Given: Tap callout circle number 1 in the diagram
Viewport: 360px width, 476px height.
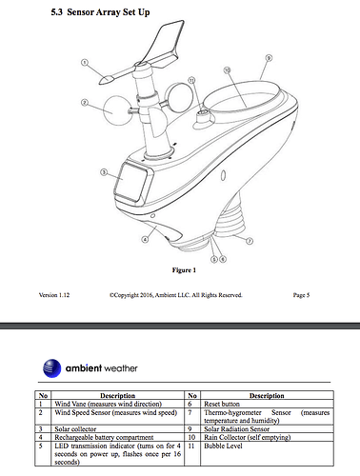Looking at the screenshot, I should (x=85, y=63).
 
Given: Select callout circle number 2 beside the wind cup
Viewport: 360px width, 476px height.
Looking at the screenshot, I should (x=85, y=102).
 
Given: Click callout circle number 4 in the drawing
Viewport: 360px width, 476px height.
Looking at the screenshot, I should (x=144, y=241).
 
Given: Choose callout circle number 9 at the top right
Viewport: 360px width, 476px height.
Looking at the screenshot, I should (x=270, y=58).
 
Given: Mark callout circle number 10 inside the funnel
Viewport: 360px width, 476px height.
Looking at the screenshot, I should (x=227, y=70).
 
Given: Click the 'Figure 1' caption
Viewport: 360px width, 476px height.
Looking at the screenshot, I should (x=183, y=269).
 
